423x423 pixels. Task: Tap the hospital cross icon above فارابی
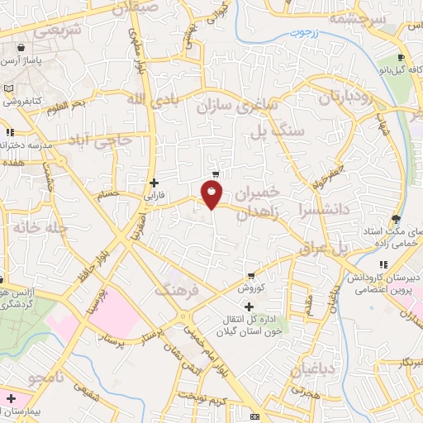[x=154, y=183]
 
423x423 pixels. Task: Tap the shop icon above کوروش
[x=250, y=276]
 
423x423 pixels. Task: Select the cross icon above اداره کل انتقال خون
[x=249, y=307]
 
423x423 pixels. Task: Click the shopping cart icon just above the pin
[x=216, y=173]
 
